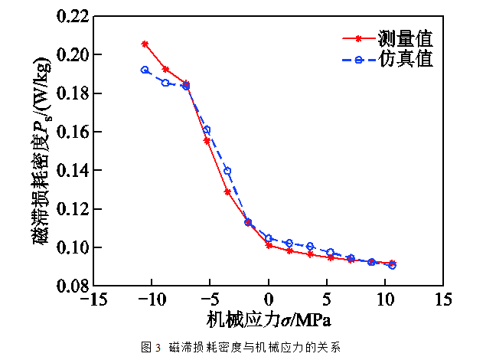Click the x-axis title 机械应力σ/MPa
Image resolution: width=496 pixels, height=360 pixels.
click(x=268, y=318)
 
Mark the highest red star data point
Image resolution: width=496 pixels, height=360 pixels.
click(x=145, y=44)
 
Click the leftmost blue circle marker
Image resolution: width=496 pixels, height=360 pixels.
click(x=145, y=70)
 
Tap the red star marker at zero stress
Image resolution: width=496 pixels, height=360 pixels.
click(x=269, y=245)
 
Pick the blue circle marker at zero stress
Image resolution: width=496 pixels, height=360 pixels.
click(x=269, y=238)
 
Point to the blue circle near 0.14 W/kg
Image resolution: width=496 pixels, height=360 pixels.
click(x=227, y=171)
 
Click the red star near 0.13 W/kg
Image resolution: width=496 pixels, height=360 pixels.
click(x=227, y=191)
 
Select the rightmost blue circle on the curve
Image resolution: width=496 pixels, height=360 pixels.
click(x=392, y=265)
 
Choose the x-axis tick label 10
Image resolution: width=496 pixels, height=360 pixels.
click(x=385, y=299)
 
